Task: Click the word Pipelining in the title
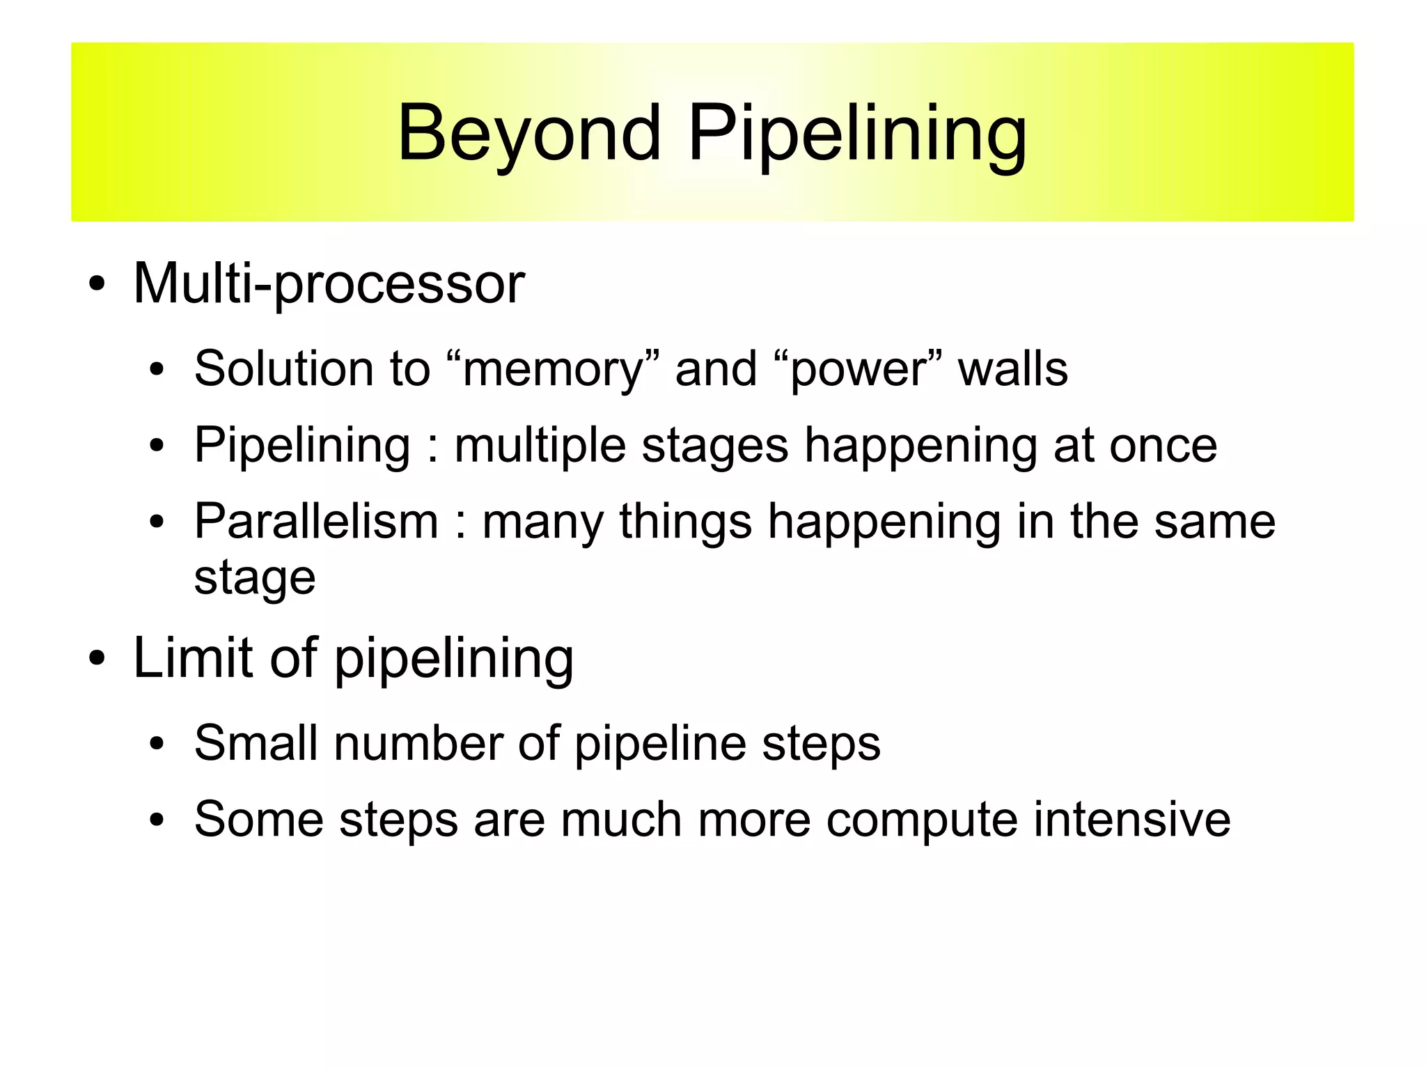857,134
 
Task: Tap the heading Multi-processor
329,284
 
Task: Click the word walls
1013,368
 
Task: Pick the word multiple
540,446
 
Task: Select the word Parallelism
316,521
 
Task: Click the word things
686,521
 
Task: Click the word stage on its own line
255,578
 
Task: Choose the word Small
256,743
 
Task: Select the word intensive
1131,819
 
